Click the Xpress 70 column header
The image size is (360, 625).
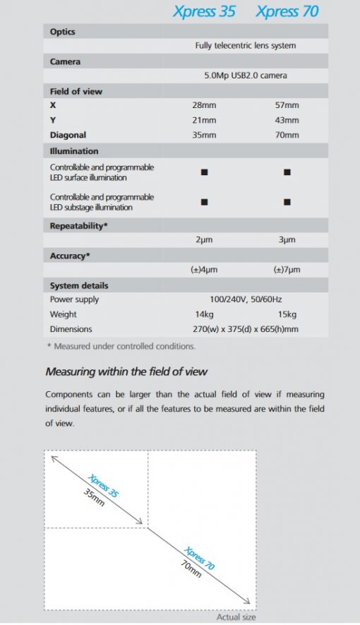point(287,12)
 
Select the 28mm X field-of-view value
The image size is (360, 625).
point(204,105)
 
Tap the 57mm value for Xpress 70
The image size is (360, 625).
point(287,105)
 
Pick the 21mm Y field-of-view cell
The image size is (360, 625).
point(204,120)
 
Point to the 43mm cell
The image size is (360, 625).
point(287,120)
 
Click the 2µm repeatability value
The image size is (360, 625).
point(204,240)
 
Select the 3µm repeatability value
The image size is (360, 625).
point(287,240)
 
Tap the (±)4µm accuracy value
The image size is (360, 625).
point(204,270)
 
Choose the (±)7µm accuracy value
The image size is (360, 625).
point(287,270)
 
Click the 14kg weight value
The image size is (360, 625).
point(204,314)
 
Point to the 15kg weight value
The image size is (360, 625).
point(287,314)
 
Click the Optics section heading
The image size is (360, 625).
point(63,32)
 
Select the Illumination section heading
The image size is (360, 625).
point(74,151)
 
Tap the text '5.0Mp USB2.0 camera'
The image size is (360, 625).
point(245,76)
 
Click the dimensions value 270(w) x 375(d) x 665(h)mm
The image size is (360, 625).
point(245,329)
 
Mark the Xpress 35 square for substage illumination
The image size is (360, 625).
point(204,202)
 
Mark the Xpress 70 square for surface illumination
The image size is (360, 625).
point(287,172)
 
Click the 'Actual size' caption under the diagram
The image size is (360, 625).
point(236,617)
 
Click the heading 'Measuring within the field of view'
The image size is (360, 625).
point(126,371)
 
